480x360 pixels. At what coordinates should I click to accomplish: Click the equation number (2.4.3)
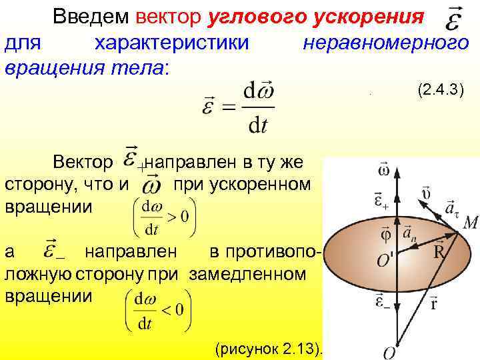[x=441, y=89]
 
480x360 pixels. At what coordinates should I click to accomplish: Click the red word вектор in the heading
[x=169, y=15]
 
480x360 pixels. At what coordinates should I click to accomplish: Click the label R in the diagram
[x=441, y=253]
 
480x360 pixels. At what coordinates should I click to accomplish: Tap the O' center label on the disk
[x=385, y=259]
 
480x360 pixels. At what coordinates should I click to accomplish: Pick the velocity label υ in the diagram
[x=427, y=193]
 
